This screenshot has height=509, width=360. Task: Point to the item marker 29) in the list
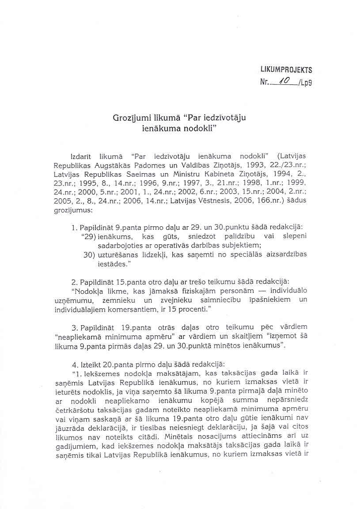(89, 237)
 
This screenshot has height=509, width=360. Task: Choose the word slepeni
(293, 237)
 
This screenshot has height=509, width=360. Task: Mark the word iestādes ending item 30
(111, 265)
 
